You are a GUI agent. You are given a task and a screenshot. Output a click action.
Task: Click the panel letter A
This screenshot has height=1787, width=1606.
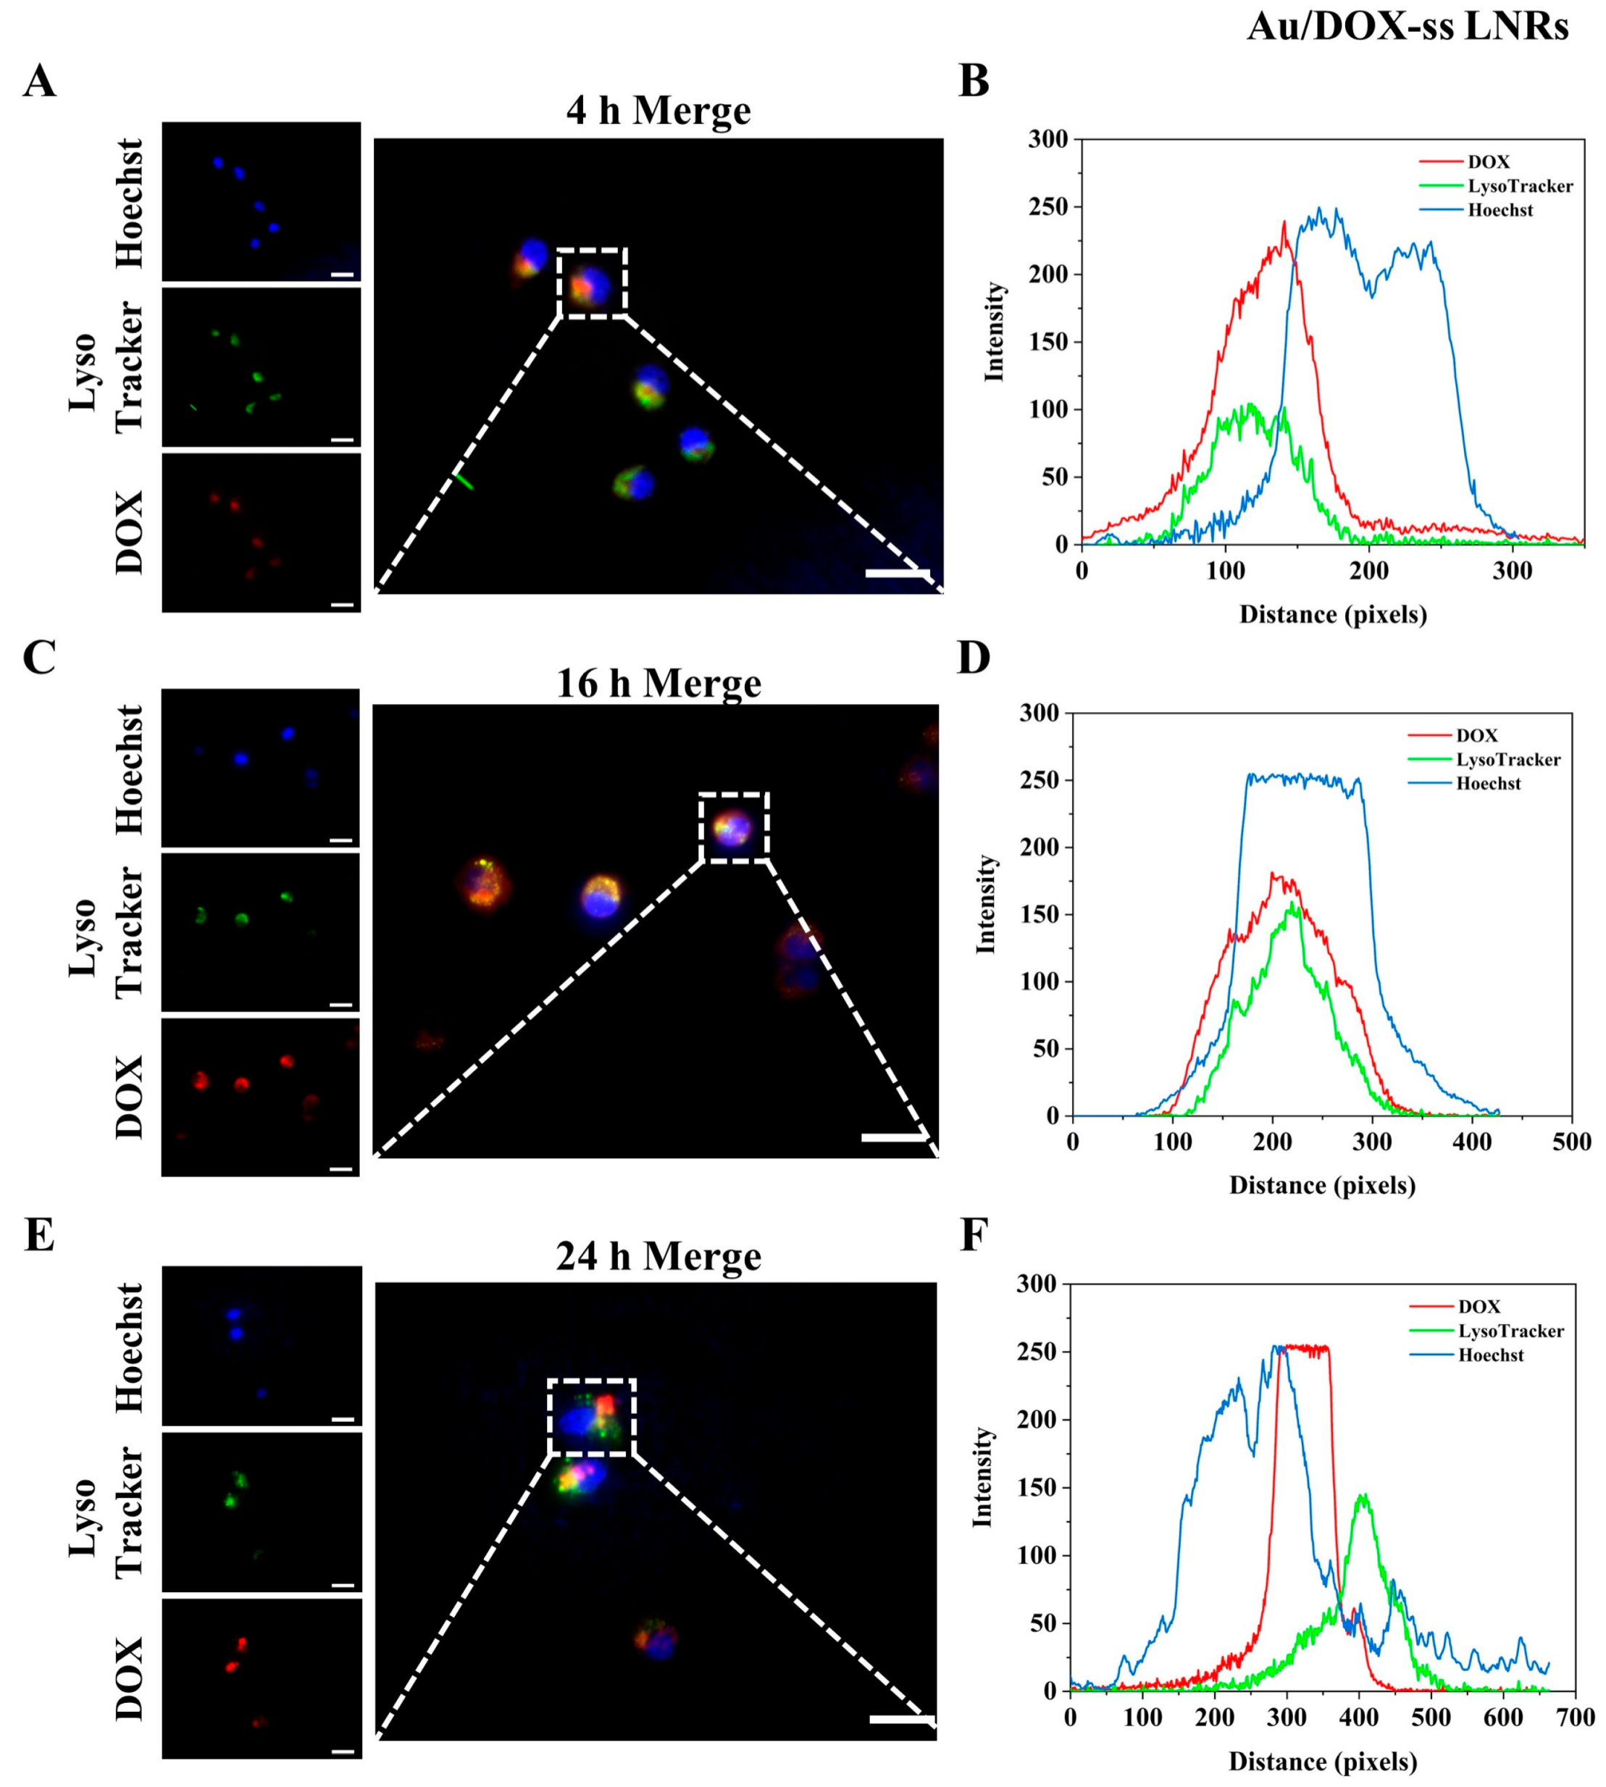pyautogui.click(x=40, y=82)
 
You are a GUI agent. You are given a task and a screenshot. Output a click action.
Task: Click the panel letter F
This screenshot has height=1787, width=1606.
pyautogui.click(x=974, y=1236)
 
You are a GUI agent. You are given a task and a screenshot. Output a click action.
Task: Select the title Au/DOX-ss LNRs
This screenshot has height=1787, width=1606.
pyautogui.click(x=1408, y=28)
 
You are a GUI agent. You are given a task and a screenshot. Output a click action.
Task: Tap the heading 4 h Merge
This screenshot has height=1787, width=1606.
pyautogui.click(x=658, y=110)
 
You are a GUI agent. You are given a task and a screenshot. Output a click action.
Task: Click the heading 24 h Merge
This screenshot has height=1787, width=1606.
pyautogui.click(x=658, y=1256)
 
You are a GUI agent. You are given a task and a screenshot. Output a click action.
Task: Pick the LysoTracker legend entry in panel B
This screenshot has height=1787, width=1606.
pyautogui.click(x=1520, y=186)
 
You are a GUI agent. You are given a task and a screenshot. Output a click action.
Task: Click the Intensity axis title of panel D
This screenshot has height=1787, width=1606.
pyautogui.click(x=987, y=905)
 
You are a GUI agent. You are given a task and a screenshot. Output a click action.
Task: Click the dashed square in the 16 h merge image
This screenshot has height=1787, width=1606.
pyautogui.click(x=734, y=827)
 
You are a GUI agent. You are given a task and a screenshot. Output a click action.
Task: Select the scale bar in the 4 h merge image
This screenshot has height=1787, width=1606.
pyautogui.click(x=898, y=574)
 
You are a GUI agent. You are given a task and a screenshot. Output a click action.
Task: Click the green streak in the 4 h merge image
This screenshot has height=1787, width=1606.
pyautogui.click(x=464, y=481)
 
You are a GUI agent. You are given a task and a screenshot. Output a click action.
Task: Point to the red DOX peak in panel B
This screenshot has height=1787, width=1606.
pyautogui.click(x=1284, y=223)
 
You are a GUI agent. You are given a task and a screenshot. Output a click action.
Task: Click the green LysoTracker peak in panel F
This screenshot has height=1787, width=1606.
pyautogui.click(x=1363, y=1496)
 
